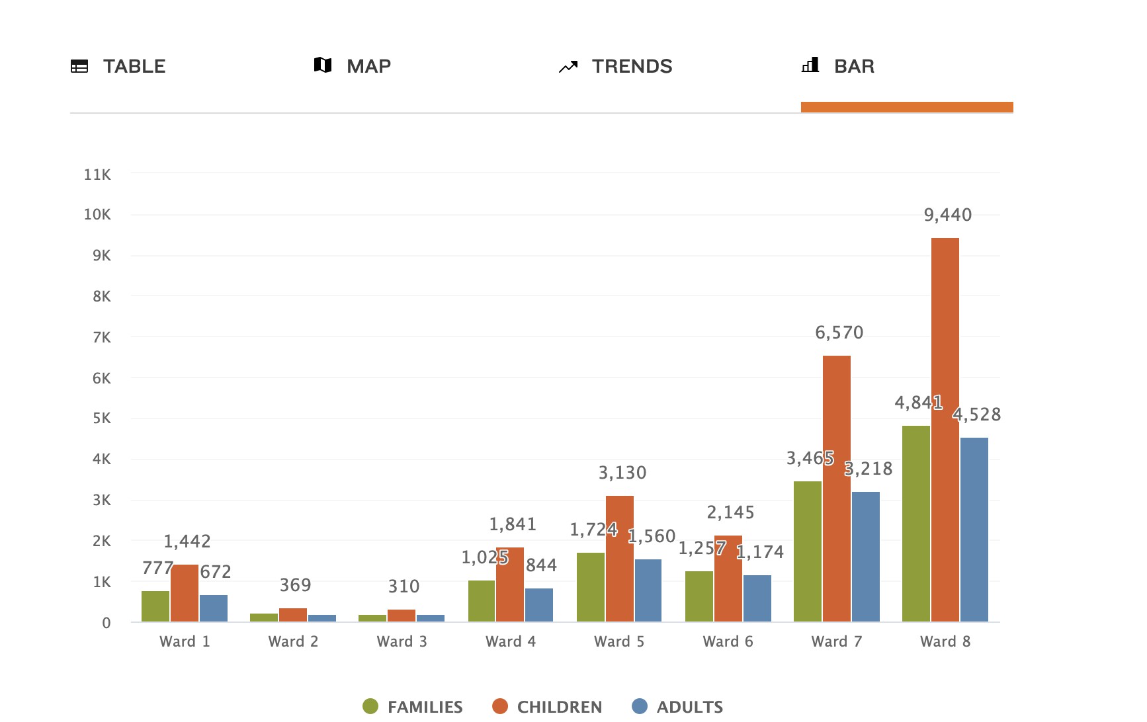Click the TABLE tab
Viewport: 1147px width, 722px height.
pos(119,66)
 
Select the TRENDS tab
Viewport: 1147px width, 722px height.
pos(616,66)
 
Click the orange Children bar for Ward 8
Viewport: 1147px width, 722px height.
pos(945,430)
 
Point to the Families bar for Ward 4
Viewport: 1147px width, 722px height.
pos(482,601)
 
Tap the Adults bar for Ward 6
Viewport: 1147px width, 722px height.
pos(757,598)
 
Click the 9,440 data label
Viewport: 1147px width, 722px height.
pos(947,215)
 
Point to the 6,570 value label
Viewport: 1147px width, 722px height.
pos(839,333)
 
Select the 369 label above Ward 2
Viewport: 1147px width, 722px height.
pos(295,585)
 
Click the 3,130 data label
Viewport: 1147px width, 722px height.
pos(622,473)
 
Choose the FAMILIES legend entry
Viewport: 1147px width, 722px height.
pos(413,707)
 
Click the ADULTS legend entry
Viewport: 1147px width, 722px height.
pos(677,707)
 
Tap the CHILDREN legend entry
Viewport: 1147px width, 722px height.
pos(547,707)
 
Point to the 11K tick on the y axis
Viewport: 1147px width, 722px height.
pos(97,175)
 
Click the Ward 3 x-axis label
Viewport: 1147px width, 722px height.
pos(402,641)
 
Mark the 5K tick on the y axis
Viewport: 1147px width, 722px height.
pos(101,418)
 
